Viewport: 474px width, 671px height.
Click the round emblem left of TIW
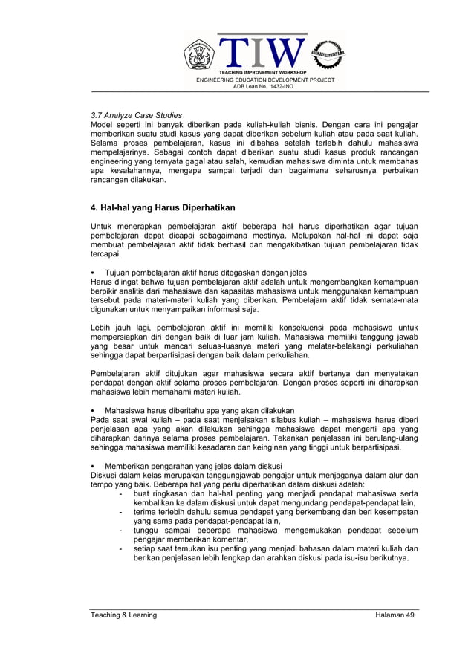click(x=199, y=54)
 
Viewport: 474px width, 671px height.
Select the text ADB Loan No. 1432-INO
click(x=264, y=86)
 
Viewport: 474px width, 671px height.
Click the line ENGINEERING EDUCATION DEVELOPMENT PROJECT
click(x=264, y=80)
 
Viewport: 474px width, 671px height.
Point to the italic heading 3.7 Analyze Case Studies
click(x=136, y=116)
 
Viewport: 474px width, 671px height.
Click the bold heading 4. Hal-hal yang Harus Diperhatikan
click(x=163, y=207)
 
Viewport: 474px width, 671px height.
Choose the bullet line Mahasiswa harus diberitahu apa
click(x=199, y=410)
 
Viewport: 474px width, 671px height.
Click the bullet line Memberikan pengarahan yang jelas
click(x=198, y=466)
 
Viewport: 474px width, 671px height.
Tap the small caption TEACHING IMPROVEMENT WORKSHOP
click(x=264, y=73)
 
